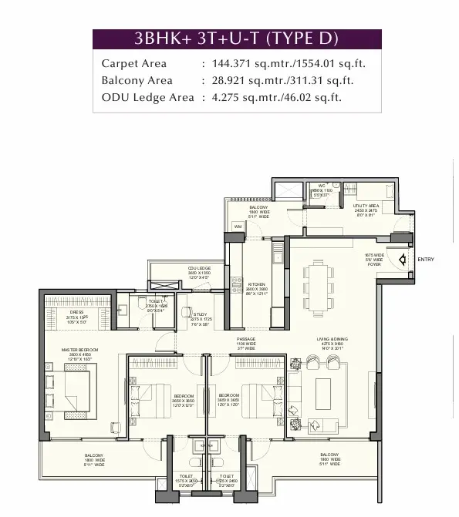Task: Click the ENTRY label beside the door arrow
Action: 426,260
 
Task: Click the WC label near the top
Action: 322,186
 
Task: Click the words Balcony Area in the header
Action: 137,81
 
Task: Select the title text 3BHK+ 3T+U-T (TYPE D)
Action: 237,39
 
